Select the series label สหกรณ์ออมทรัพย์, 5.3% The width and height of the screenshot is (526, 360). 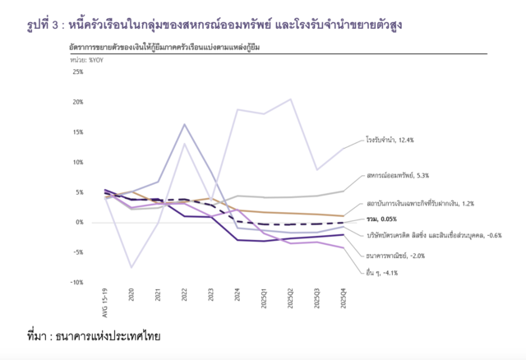(x=398, y=176)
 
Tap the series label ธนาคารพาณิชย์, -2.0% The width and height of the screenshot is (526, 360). (x=396, y=256)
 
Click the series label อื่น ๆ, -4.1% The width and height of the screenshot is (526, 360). (x=384, y=273)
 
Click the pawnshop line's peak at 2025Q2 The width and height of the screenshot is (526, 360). (x=291, y=99)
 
